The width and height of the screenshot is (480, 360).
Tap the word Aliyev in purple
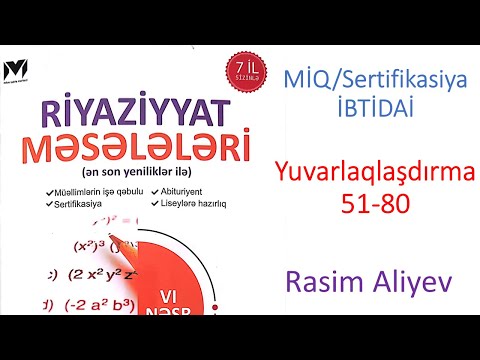coord(410,283)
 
